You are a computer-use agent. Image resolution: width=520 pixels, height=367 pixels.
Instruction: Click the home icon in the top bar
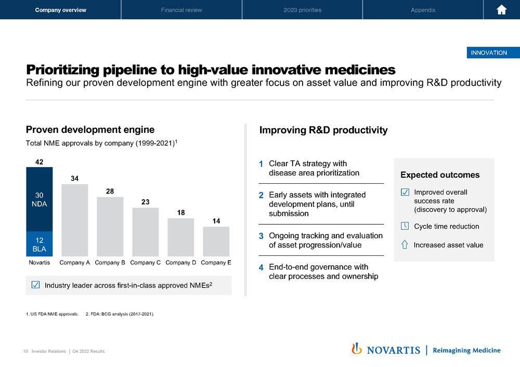[501, 10]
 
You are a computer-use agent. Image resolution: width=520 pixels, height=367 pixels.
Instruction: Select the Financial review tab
[181, 10]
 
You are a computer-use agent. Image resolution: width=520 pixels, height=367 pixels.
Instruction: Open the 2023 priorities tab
[303, 10]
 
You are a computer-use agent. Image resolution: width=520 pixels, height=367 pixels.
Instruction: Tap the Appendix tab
[423, 10]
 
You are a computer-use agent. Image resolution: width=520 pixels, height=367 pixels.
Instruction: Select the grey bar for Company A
[74, 220]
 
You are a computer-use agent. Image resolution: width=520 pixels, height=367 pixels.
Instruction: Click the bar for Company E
[216, 241]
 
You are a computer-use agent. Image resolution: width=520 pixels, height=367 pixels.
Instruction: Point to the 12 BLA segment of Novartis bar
[39, 243]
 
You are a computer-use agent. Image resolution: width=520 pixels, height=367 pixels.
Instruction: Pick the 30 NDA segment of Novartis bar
[39, 199]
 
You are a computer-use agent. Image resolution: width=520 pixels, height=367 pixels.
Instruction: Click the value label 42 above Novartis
[39, 162]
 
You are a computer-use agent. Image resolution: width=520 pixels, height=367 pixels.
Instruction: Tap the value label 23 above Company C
[145, 202]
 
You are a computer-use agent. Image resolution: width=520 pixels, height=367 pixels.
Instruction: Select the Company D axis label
[181, 263]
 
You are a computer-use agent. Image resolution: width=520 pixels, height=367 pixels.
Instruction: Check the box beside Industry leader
[35, 284]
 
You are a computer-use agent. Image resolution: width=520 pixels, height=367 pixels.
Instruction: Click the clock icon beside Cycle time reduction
[405, 226]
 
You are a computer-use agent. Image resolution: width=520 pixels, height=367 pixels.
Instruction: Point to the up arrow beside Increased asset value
[405, 244]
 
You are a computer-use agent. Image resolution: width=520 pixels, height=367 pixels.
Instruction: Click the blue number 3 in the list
[261, 236]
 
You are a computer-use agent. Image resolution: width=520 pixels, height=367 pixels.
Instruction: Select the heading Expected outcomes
[440, 175]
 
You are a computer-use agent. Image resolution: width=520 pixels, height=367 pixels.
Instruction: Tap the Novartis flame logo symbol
[357, 348]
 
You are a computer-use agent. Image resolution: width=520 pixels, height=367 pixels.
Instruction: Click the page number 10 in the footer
[25, 351]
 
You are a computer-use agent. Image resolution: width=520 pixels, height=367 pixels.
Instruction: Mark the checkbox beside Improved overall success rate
[405, 192]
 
